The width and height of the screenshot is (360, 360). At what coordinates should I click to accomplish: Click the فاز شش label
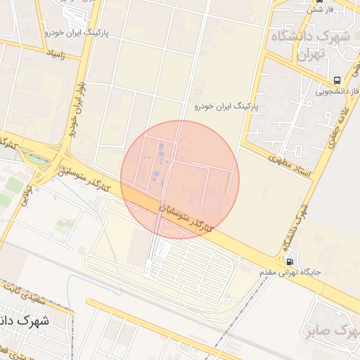[x=312, y=10]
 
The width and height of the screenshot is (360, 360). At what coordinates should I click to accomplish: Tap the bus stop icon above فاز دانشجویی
[x=337, y=79]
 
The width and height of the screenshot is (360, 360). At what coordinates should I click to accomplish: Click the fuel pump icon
[x=291, y=262]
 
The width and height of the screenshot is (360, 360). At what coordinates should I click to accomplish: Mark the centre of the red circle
[x=180, y=180]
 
